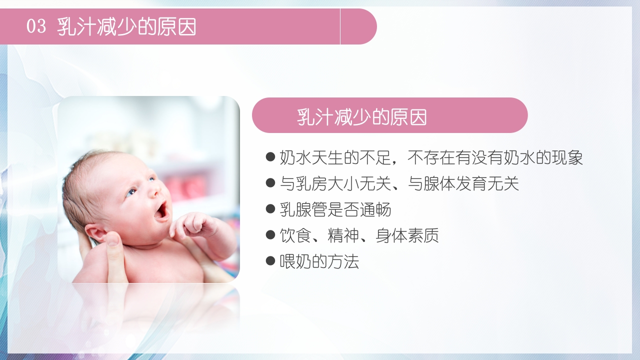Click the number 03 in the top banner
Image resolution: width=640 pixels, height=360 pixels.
(x=36, y=26)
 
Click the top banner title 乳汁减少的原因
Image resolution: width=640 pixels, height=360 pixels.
(x=127, y=26)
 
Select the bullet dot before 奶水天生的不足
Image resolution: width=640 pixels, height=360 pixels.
(x=270, y=157)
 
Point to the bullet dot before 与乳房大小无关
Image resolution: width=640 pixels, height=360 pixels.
(x=270, y=183)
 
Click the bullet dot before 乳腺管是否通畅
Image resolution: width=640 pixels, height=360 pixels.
(x=270, y=209)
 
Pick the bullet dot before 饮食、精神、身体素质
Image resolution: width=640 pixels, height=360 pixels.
(x=270, y=235)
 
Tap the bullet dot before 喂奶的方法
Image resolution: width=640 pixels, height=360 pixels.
(x=270, y=261)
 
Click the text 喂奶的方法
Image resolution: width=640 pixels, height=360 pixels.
(x=319, y=261)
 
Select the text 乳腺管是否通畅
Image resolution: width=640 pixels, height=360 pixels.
(x=335, y=209)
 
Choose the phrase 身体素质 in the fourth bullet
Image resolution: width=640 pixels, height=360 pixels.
(x=407, y=235)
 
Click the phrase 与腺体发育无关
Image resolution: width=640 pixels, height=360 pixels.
(x=463, y=183)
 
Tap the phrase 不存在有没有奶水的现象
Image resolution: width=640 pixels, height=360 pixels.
(x=495, y=157)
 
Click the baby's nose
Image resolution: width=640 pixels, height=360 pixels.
(x=153, y=190)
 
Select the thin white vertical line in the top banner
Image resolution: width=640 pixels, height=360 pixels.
(x=340, y=26)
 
